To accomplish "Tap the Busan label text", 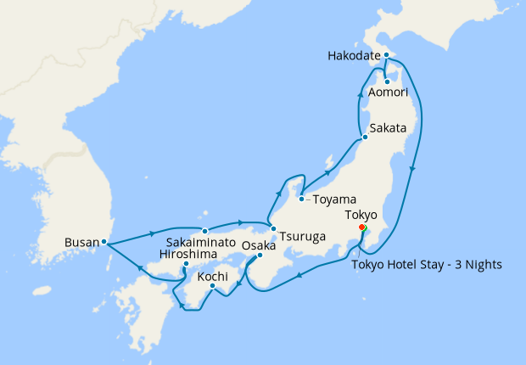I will pos(81,242).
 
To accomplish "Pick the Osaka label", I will pos(259,246).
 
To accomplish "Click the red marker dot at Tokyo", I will pos(362,227).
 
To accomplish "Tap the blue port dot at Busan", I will pos(104,242).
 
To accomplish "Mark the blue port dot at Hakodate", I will pos(386,55).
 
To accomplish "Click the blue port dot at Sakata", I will pos(364,137).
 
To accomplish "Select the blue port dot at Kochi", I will pos(211,286).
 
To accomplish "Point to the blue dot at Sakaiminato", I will pos(205,230).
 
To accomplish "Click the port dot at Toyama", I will pos(302,199).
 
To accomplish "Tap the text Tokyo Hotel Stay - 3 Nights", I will pos(428,264).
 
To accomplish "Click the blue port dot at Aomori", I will pos(387,81).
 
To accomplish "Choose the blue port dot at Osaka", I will pos(260,255).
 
